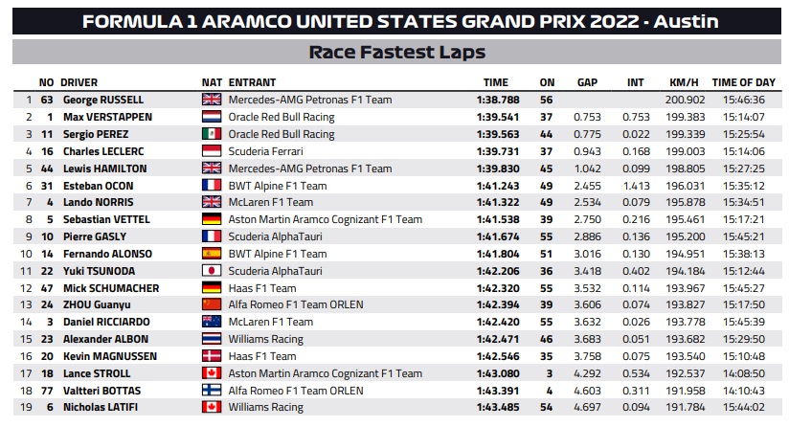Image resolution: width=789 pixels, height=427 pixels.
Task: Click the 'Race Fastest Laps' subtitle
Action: [x=397, y=53]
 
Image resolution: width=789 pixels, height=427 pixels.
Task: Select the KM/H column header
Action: [x=684, y=82]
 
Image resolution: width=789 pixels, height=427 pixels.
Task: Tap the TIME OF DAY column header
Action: [x=744, y=82]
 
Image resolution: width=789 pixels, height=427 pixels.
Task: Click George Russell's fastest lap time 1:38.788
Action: [x=498, y=100]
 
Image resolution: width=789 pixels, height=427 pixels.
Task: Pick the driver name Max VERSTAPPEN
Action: [x=107, y=117]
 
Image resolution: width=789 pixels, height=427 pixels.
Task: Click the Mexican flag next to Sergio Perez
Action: [x=212, y=134]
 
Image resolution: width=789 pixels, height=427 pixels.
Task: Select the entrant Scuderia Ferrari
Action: [x=265, y=151]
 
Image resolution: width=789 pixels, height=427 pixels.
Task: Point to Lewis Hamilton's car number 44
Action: [x=47, y=169]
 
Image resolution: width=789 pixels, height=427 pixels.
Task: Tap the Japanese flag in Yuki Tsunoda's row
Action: [x=212, y=271]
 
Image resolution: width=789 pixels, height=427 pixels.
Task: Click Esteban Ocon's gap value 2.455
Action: [x=587, y=186]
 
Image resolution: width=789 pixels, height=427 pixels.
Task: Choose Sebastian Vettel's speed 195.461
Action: [x=685, y=219]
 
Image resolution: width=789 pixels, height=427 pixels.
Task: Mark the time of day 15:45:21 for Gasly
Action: [x=744, y=236]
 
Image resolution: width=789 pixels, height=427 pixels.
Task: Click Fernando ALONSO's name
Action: [x=107, y=254]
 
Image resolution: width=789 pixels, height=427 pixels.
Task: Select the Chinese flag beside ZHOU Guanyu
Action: [x=212, y=304]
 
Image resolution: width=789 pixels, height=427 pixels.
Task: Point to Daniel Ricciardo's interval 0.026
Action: [x=636, y=322]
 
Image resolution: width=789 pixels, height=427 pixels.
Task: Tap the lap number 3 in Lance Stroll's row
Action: [x=549, y=373]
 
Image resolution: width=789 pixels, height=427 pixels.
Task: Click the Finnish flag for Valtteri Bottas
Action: [x=212, y=391]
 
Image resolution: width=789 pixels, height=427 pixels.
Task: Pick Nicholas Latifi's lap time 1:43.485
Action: [x=498, y=408]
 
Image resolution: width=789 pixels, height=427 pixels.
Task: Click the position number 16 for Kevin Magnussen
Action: [x=26, y=356]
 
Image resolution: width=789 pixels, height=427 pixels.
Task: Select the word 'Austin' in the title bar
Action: [x=686, y=22]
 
